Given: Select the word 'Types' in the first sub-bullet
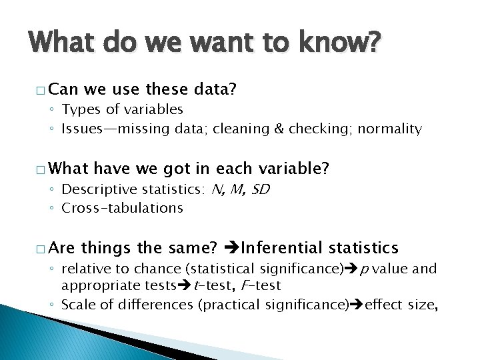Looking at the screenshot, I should coord(79,109).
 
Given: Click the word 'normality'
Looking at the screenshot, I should coord(390,128).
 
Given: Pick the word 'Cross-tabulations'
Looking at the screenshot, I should coord(122,208).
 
